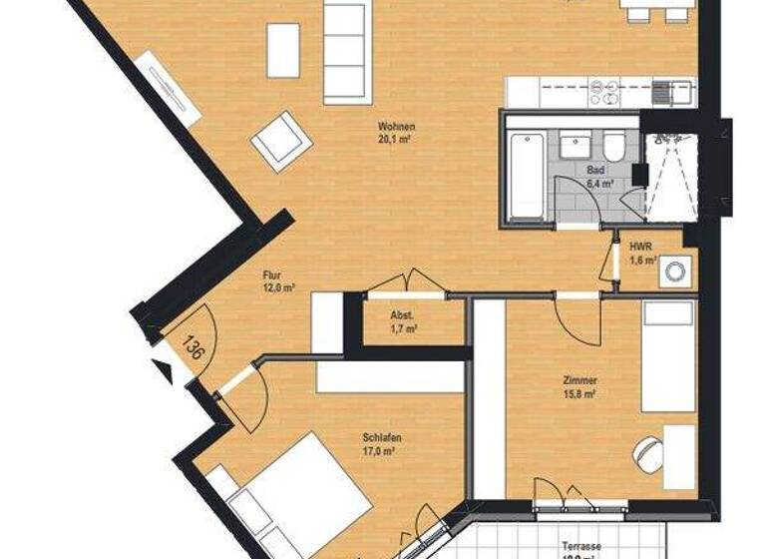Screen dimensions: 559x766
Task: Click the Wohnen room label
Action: pyautogui.click(x=396, y=127)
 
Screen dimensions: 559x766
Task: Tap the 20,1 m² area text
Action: pyautogui.click(x=396, y=140)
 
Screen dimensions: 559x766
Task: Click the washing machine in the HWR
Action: pyautogui.click(x=677, y=270)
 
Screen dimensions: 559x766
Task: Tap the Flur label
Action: pyautogui.click(x=272, y=276)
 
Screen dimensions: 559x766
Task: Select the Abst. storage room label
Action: pyautogui.click(x=403, y=315)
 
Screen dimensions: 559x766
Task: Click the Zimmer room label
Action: pyautogui.click(x=579, y=380)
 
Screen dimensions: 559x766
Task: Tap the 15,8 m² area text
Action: pyautogui.click(x=579, y=394)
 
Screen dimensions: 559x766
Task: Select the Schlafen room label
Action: pyautogui.click(x=381, y=438)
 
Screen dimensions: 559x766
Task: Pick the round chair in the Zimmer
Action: pyautogui.click(x=649, y=454)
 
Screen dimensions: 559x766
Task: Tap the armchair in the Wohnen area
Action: pyautogui.click(x=282, y=141)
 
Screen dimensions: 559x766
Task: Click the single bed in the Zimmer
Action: pyautogui.click(x=667, y=357)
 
